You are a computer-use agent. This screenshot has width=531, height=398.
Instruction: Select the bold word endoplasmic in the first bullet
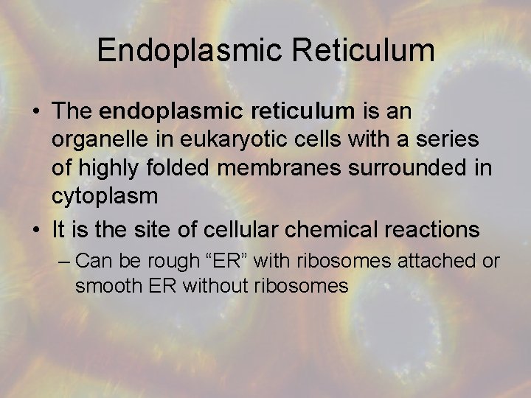coord(165,111)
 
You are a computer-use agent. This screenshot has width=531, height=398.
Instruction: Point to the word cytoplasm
coord(105,196)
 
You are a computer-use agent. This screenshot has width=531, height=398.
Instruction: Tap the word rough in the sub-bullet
coord(175,262)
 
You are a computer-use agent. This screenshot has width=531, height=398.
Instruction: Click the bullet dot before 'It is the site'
coord(35,230)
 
